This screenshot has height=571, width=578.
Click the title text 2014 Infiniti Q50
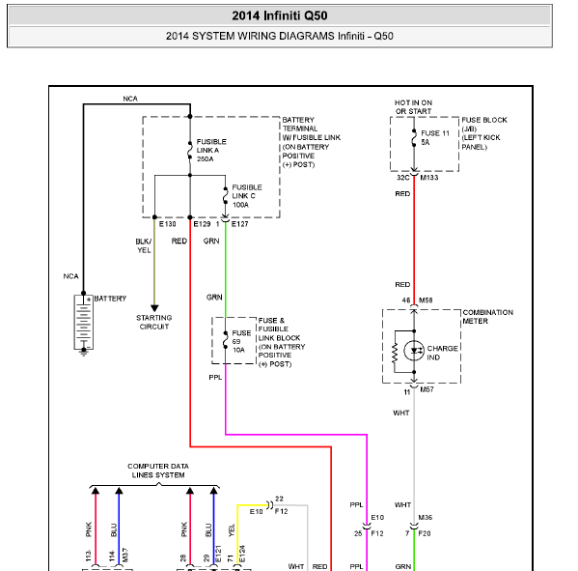[x=280, y=15]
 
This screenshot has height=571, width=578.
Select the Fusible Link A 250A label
[x=211, y=150]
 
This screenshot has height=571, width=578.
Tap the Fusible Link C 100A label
[x=247, y=196]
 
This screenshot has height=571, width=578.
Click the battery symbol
[x=84, y=323]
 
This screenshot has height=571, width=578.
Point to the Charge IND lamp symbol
[x=414, y=351]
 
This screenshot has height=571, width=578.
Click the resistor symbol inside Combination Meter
[x=395, y=353]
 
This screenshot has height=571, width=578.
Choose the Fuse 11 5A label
[x=435, y=137]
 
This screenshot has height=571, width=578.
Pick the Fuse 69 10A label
[x=241, y=341]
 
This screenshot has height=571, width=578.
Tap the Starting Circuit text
[x=154, y=323]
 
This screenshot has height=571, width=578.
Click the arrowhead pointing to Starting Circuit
[x=154, y=308]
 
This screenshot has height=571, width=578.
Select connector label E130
[x=167, y=224]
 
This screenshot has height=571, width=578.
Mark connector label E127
[x=239, y=224]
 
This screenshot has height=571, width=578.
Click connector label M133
[x=429, y=178]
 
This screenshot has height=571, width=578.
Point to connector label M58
[x=426, y=300]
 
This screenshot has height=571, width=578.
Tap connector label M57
[x=427, y=389]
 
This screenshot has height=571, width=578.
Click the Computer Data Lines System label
[x=158, y=471]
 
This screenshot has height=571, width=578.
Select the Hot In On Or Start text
[x=413, y=107]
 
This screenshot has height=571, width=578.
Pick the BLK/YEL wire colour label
[x=144, y=245]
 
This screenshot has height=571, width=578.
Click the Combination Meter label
[x=487, y=317]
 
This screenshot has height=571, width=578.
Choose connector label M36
[x=425, y=518]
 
